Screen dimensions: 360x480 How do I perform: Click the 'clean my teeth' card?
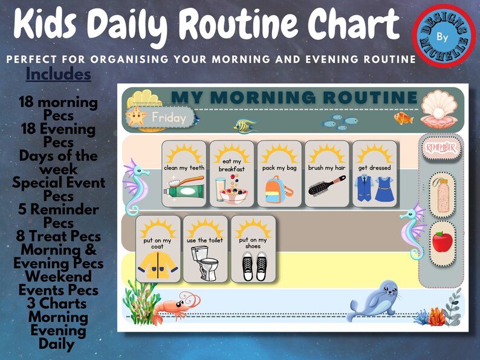184,174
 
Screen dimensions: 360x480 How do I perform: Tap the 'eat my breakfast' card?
232,174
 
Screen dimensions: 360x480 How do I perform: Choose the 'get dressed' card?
375,174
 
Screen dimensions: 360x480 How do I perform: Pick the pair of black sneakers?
254,266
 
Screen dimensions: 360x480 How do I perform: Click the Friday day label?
168,118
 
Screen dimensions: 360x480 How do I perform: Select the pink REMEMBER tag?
441,147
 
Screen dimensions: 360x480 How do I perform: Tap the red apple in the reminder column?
442,242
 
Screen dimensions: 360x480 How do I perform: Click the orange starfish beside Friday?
136,117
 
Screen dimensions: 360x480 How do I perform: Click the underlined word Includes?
58,74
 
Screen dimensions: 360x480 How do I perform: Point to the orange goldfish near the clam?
403,118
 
